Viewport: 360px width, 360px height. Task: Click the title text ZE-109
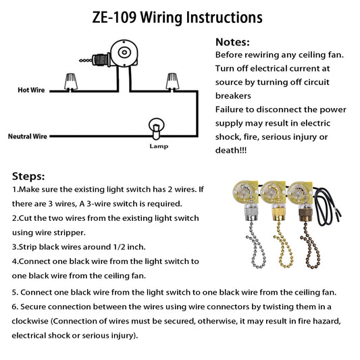(114, 18)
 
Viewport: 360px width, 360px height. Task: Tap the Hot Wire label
(31, 90)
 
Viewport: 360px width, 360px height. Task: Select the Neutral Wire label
(28, 136)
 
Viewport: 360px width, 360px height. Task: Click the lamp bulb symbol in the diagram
(156, 128)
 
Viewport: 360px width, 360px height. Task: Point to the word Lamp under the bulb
(159, 147)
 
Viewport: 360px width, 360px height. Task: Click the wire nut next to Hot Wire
(71, 82)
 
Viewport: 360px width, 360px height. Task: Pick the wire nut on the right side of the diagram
(172, 82)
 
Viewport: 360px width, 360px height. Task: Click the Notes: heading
(232, 42)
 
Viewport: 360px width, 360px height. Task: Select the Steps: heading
(28, 176)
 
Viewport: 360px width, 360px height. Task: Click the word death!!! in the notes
(231, 151)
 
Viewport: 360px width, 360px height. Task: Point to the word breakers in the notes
(233, 96)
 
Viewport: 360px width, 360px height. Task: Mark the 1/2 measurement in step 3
(119, 247)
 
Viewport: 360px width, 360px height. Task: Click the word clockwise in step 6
(30, 321)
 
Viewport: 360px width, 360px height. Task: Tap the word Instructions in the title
(224, 18)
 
